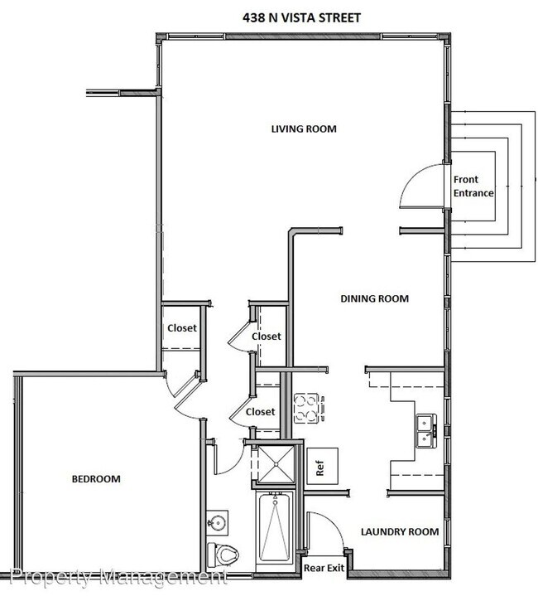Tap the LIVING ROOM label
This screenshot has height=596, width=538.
[x=305, y=128]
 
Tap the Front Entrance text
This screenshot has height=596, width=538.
[x=473, y=187]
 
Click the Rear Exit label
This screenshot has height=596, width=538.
[x=323, y=569]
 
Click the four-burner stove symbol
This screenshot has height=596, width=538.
[x=307, y=407]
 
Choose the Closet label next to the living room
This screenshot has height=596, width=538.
[x=182, y=328]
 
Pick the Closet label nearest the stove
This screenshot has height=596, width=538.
[x=260, y=412]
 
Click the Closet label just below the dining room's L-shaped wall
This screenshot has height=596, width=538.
[x=267, y=337]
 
